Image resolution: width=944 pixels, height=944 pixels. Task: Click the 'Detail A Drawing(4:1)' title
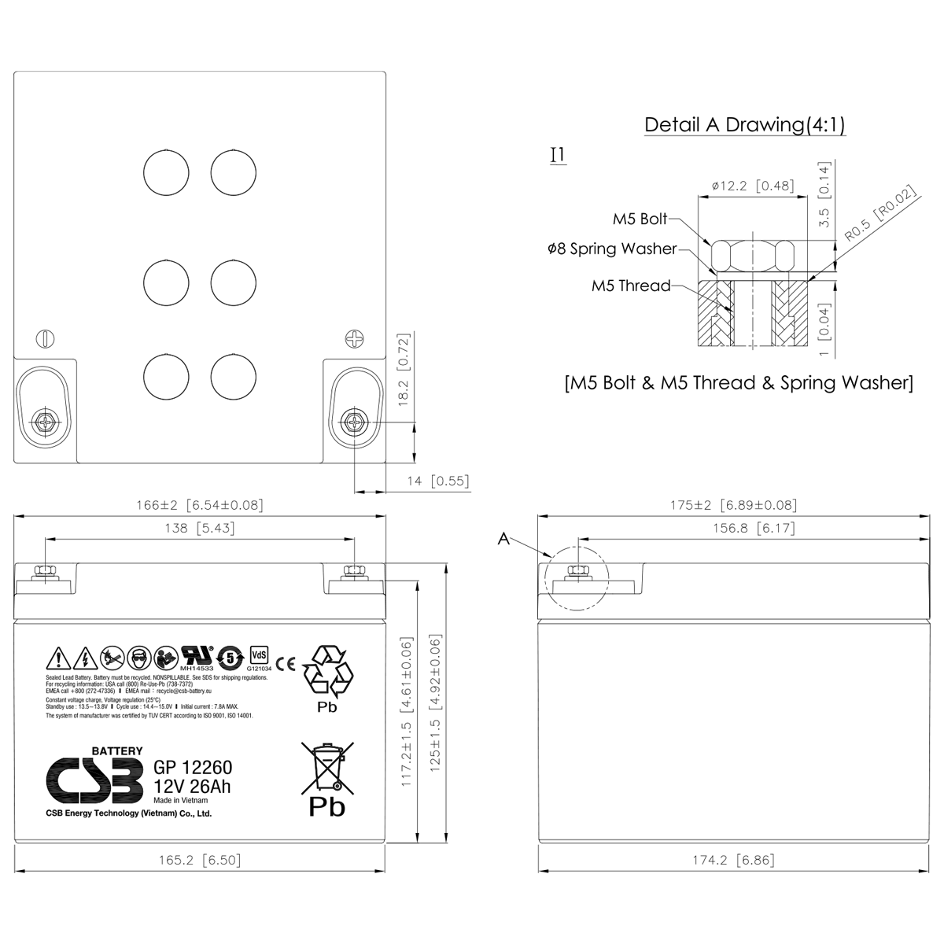click(x=744, y=124)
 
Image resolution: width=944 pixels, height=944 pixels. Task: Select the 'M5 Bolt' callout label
click(x=640, y=219)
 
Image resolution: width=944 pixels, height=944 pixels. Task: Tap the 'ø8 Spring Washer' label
click(x=612, y=249)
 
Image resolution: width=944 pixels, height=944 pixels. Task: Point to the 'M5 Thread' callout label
click(x=631, y=286)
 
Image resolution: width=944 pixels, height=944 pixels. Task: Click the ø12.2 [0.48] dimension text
click(x=752, y=186)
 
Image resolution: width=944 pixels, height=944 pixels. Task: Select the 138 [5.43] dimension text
click(x=200, y=528)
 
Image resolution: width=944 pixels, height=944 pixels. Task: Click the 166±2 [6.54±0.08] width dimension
click(x=200, y=505)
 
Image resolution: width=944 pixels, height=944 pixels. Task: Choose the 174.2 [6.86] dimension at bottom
click(x=733, y=860)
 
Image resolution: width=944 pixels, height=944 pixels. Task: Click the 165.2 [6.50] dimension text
click(x=200, y=860)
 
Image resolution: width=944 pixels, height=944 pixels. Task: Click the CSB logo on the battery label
click(x=94, y=781)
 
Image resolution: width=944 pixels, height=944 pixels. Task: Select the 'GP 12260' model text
click(x=193, y=769)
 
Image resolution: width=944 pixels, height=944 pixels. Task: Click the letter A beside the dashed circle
click(x=503, y=539)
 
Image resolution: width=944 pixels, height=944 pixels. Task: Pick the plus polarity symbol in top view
click(x=356, y=338)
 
